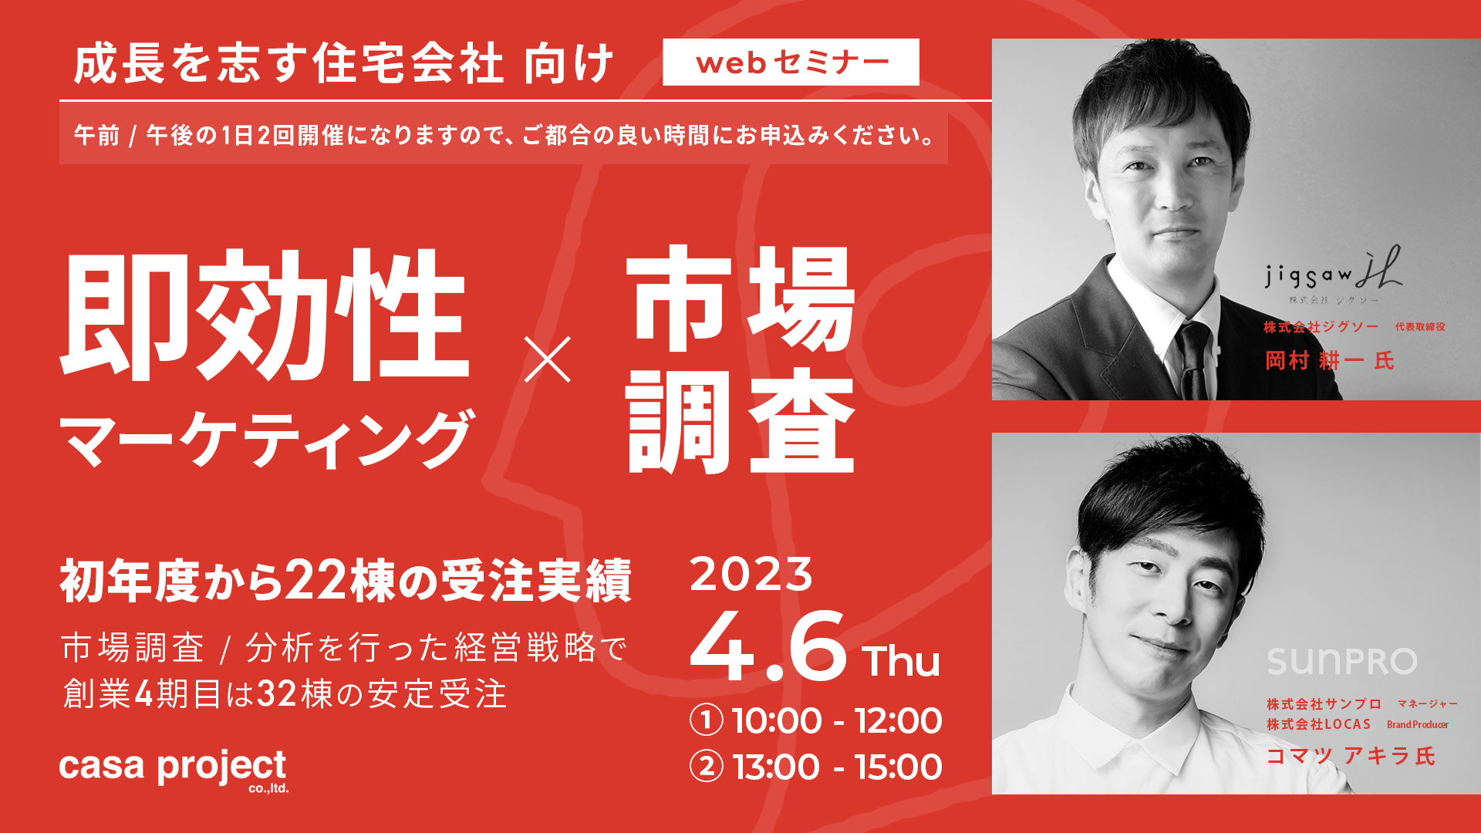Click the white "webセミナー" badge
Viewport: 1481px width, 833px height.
click(791, 62)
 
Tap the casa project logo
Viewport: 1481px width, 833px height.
click(174, 770)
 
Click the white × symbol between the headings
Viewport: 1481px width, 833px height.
click(548, 359)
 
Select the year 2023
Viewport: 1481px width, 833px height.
click(751, 575)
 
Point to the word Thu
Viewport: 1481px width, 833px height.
click(902, 662)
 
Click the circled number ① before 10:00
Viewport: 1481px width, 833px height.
click(707, 721)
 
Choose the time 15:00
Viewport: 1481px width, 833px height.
click(899, 767)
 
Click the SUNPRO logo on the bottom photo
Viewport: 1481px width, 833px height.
click(1342, 661)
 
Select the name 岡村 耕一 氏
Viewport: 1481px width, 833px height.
click(1330, 360)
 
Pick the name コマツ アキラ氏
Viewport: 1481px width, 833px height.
click(1351, 756)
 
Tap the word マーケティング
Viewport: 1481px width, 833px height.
click(266, 438)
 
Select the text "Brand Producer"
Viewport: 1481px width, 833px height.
click(1418, 724)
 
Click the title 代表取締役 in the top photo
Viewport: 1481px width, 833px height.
click(1420, 327)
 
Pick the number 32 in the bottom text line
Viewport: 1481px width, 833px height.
click(277, 694)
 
